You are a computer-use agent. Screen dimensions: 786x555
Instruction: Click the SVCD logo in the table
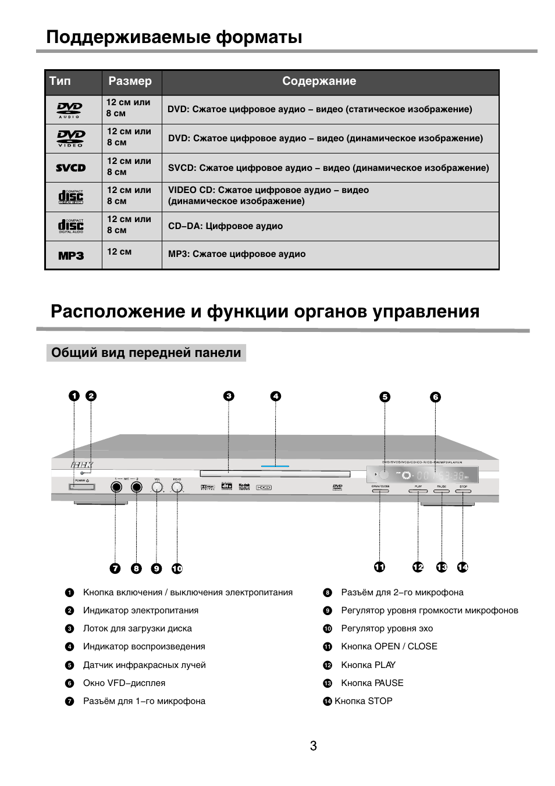pyautogui.click(x=71, y=168)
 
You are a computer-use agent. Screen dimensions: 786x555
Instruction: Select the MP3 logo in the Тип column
pyautogui.click(x=71, y=255)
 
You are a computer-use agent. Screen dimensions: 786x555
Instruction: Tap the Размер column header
pyautogui.click(x=130, y=81)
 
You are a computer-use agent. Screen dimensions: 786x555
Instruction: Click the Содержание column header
pyautogui.click(x=319, y=81)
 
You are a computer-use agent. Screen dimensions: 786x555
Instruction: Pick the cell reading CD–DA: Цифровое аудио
pyautogui.click(x=225, y=226)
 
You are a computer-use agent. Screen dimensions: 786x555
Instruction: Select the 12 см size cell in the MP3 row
pyautogui.click(x=119, y=252)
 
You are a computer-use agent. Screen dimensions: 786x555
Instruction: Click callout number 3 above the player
pyautogui.click(x=229, y=396)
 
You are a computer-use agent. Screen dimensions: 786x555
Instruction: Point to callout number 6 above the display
pyautogui.click(x=435, y=397)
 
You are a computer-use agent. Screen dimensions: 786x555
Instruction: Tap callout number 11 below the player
pyautogui.click(x=379, y=567)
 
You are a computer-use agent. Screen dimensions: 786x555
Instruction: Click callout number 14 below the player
pyautogui.click(x=462, y=567)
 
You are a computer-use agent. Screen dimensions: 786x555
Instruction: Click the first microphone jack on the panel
pyautogui.click(x=116, y=487)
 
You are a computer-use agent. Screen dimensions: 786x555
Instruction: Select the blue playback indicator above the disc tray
pyautogui.click(x=275, y=466)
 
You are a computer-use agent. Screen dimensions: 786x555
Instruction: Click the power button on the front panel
pyautogui.click(x=82, y=487)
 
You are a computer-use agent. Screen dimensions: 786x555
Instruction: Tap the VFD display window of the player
pyautogui.click(x=423, y=475)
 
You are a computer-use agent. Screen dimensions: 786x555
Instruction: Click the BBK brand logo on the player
pyautogui.click(x=81, y=465)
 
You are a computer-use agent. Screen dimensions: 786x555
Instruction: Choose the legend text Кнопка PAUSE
pyautogui.click(x=372, y=683)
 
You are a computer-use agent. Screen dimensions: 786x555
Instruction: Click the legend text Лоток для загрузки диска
pyautogui.click(x=137, y=628)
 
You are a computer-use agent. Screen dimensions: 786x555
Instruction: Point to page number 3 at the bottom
pyautogui.click(x=313, y=746)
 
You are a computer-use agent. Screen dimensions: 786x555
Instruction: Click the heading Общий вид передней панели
pyautogui.click(x=146, y=353)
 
